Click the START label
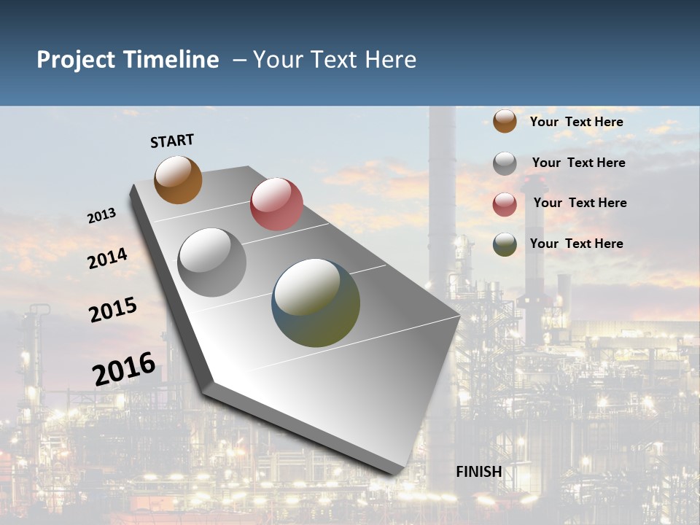tap(172, 141)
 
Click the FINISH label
tap(478, 472)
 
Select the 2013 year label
tap(101, 216)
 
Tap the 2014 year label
tap(107, 258)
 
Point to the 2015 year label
tap(112, 310)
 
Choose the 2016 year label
tap(124, 368)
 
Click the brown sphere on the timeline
tap(178, 179)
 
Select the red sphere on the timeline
tap(276, 203)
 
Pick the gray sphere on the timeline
tap(212, 262)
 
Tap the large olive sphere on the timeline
tap(316, 303)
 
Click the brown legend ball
tap(505, 121)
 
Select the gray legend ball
tap(505, 163)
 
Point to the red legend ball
tap(505, 204)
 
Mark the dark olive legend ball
tap(505, 244)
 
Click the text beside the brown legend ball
tap(576, 122)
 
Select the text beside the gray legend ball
tap(578, 163)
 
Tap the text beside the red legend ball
tap(580, 203)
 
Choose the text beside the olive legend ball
tap(576, 244)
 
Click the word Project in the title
tap(77, 60)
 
